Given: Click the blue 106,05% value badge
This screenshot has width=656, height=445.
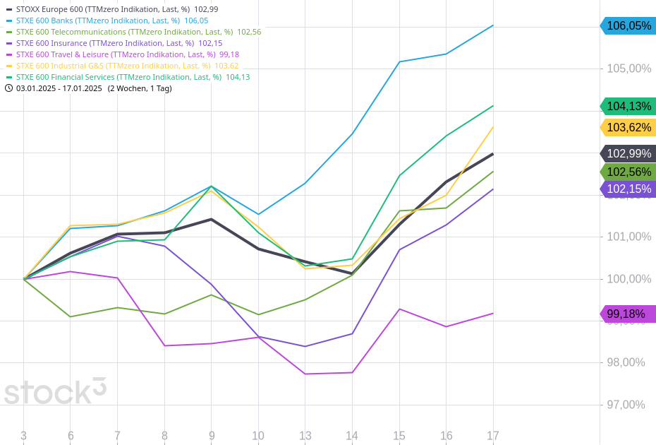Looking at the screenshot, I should tap(627, 26).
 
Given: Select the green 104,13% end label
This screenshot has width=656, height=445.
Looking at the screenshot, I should tap(628, 107).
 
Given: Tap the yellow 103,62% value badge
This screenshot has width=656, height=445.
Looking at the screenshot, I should tap(628, 128).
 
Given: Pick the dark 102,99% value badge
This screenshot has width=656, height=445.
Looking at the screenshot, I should tap(628, 154).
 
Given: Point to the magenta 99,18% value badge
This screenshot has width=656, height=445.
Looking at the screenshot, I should tap(628, 314).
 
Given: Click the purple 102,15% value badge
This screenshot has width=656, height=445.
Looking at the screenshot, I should tap(628, 189).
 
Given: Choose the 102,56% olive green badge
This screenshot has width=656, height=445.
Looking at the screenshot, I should tap(628, 172).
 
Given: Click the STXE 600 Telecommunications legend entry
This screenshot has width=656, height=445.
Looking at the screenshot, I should tap(134, 32).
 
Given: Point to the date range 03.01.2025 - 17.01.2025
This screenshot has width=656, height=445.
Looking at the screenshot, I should tap(59, 88).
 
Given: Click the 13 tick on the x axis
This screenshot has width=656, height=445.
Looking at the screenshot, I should tap(305, 436).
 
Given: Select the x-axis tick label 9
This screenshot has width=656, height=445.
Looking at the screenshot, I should tap(211, 436).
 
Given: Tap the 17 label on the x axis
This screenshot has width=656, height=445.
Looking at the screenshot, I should tap(492, 436).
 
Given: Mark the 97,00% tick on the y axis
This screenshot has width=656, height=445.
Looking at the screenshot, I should tap(626, 405).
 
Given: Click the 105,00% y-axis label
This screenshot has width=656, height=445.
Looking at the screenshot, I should tap(628, 69).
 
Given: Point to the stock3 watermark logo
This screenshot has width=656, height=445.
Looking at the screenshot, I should tap(55, 392).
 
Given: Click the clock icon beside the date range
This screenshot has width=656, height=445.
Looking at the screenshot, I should tap(9, 88).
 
